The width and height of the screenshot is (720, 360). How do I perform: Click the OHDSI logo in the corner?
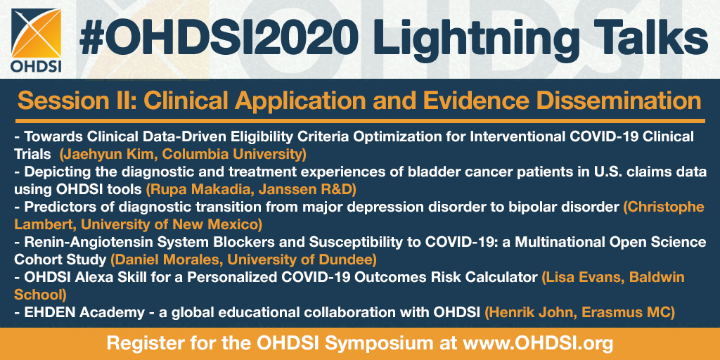(37, 40)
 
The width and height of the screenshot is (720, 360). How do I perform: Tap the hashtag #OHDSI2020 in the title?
(218, 39)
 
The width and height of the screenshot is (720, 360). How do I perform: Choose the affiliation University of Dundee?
(302, 260)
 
